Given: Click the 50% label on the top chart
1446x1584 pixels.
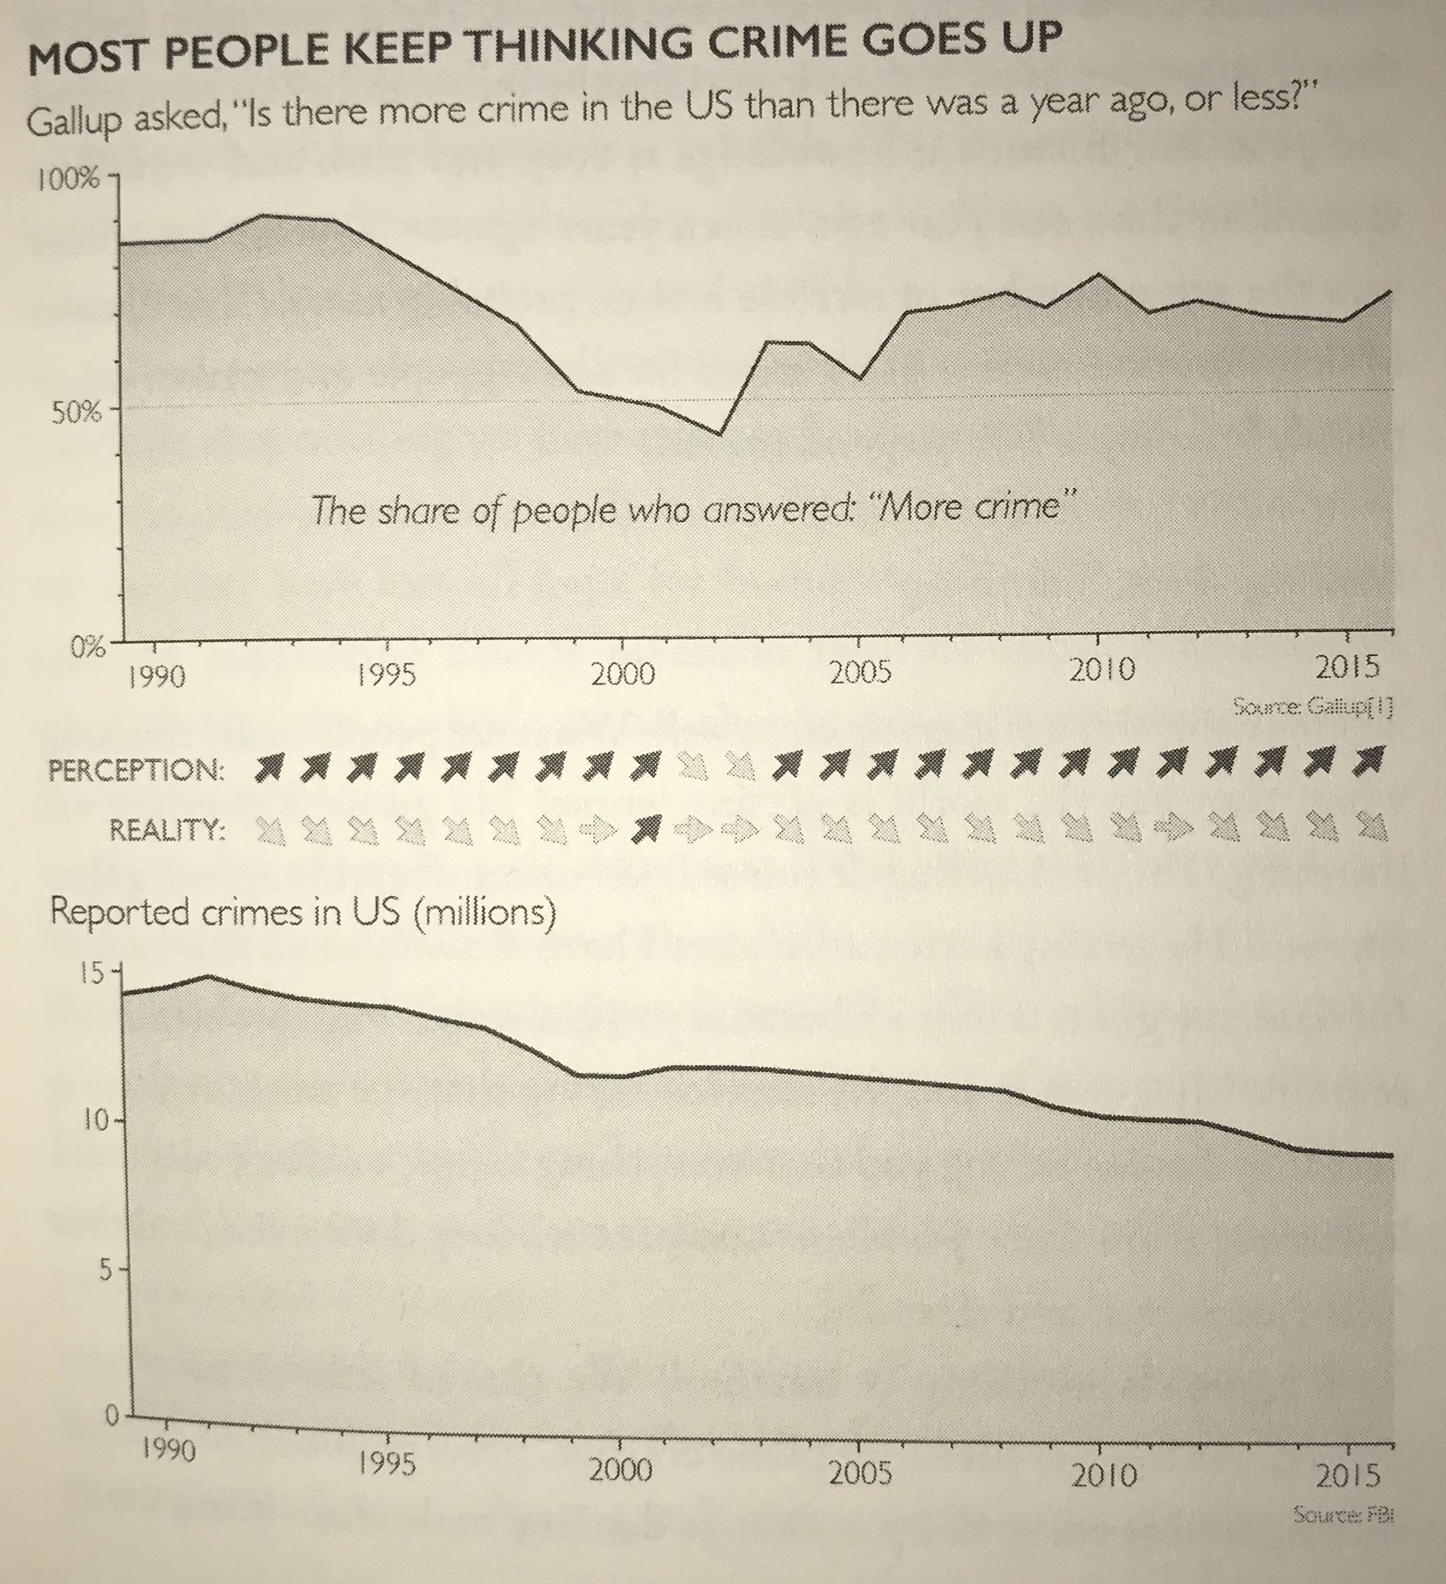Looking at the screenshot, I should pyautogui.click(x=76, y=414).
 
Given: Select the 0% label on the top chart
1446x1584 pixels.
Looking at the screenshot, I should pyautogui.click(x=86, y=648).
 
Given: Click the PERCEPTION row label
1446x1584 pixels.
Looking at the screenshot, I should pyautogui.click(x=136, y=770).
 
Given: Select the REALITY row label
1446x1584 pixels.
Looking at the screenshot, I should pyautogui.click(x=167, y=830).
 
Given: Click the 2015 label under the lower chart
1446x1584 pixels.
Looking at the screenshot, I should pyautogui.click(x=1348, y=1475).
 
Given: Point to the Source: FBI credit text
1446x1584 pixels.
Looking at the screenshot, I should pyautogui.click(x=1343, y=1515).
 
